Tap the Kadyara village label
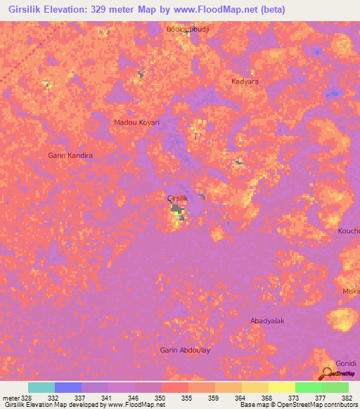[x=245, y=82]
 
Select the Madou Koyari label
[x=136, y=122]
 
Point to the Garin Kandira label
[x=70, y=155]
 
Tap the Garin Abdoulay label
[x=185, y=350]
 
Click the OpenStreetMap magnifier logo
[x=328, y=372]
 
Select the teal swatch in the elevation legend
[x=41, y=387]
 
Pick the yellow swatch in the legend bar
[x=281, y=387]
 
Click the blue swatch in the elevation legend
[x=68, y=387]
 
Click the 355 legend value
[x=186, y=397]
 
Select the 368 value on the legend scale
[x=266, y=397]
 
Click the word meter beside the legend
[x=10, y=397]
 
